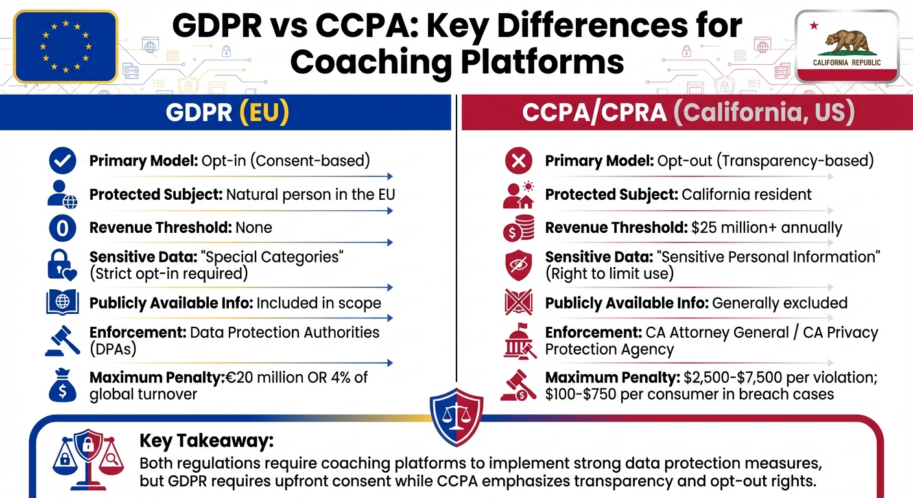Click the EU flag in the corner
(x=65, y=47)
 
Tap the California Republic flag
(x=847, y=47)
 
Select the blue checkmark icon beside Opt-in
(x=63, y=161)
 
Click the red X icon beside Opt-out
(x=518, y=161)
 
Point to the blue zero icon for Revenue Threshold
(x=63, y=228)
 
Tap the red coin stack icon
(x=518, y=228)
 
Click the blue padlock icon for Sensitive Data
(x=63, y=265)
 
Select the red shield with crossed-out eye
(x=518, y=265)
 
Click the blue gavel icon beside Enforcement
(x=63, y=340)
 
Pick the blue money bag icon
(x=63, y=385)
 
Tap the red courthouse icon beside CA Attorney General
(x=518, y=341)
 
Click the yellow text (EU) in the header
(x=264, y=112)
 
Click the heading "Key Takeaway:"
(x=206, y=442)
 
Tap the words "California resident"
(x=746, y=195)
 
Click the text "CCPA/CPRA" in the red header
(x=594, y=112)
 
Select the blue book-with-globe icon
(x=63, y=303)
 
